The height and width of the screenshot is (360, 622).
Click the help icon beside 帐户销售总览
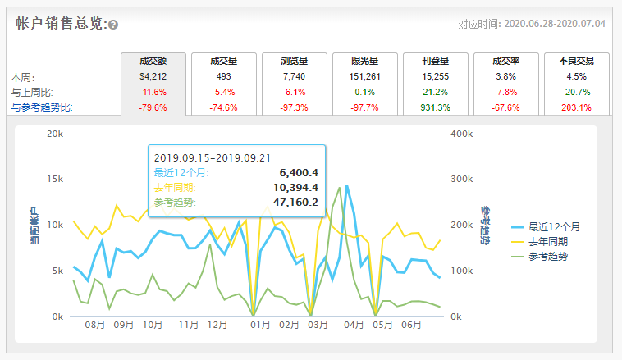click(x=113, y=25)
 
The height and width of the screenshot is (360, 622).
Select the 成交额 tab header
click(x=153, y=61)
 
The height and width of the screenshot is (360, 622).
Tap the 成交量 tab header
click(x=223, y=61)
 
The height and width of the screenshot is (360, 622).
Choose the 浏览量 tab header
click(x=294, y=61)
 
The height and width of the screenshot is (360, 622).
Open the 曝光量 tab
click(x=364, y=61)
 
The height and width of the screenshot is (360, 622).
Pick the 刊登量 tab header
click(x=435, y=61)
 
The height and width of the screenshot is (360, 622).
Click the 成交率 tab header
click(x=505, y=61)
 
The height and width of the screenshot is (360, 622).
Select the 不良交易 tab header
click(x=576, y=61)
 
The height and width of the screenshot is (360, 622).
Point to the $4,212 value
click(x=153, y=76)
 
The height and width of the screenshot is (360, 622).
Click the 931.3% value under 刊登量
click(x=435, y=107)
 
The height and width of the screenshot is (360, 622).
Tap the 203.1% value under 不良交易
click(x=576, y=107)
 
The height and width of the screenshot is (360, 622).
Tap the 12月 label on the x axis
click(x=217, y=325)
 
